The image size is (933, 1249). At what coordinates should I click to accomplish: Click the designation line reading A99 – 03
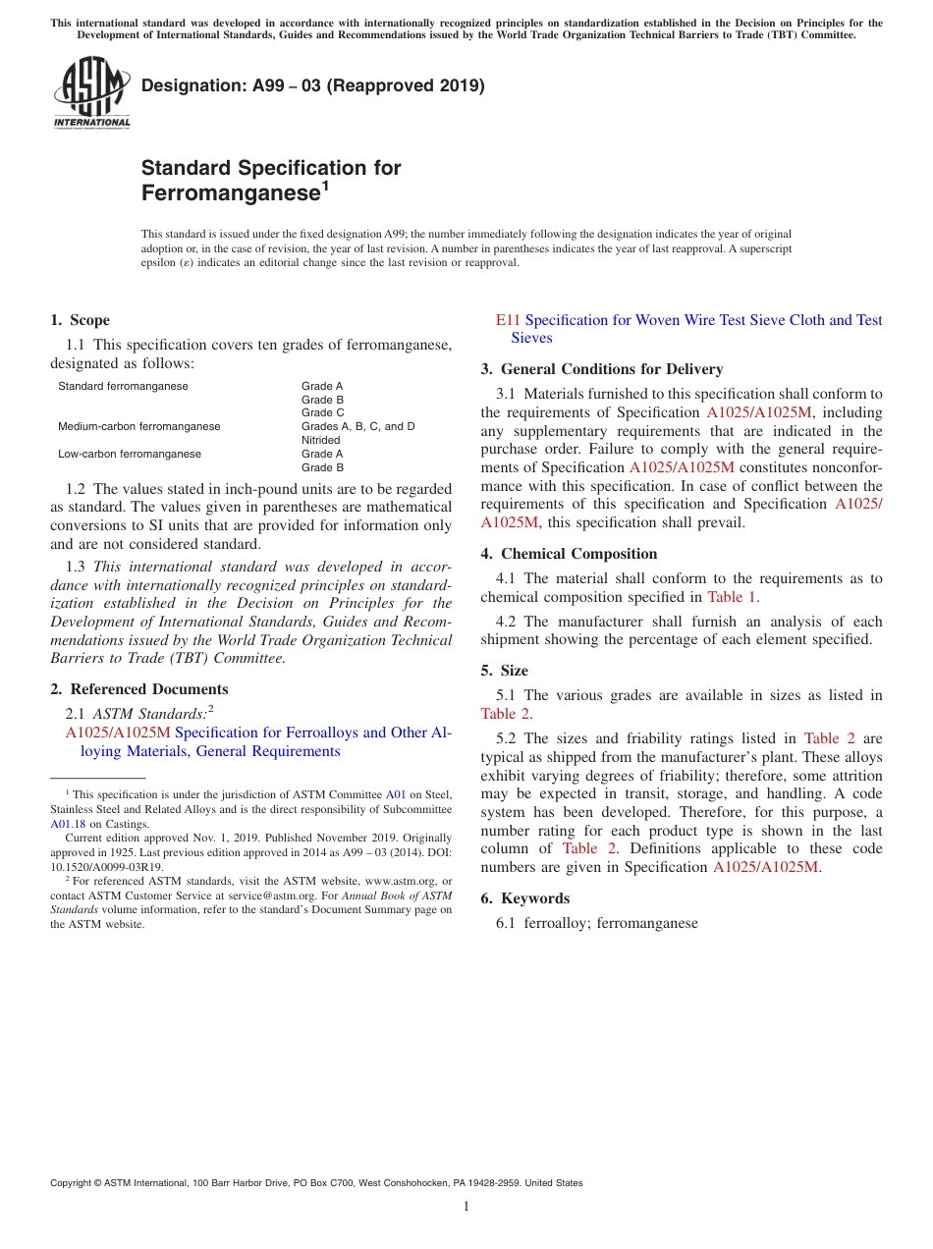[312, 85]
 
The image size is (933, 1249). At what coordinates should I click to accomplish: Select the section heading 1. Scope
[80, 320]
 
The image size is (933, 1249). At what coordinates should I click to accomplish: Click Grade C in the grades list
[322, 412]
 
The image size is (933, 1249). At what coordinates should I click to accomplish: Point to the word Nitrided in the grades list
[320, 440]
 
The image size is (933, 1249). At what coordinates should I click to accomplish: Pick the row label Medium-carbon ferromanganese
[138, 426]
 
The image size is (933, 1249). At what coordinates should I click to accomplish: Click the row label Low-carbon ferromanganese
[130, 454]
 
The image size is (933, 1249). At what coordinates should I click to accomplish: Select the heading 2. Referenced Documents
[138, 689]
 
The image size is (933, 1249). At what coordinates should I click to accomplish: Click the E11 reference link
[508, 320]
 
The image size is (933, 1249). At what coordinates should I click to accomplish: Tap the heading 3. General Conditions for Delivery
[601, 369]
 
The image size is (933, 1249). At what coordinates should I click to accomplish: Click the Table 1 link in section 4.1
[732, 597]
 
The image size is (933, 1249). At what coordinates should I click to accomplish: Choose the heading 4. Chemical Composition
[569, 554]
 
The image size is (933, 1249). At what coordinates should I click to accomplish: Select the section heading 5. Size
[504, 671]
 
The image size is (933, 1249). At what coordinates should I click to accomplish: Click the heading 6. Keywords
[524, 898]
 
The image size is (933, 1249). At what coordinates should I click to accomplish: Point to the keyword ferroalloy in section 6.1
[554, 923]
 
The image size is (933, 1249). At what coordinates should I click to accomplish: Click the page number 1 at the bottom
[466, 1206]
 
